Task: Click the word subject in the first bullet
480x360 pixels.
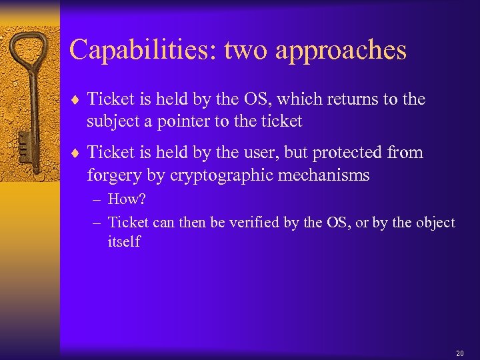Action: pyautogui.click(x=113, y=121)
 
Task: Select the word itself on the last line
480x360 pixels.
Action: pyautogui.click(x=124, y=241)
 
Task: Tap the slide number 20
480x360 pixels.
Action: pyautogui.click(x=459, y=353)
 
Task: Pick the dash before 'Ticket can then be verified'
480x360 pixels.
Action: pyautogui.click(x=97, y=222)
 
